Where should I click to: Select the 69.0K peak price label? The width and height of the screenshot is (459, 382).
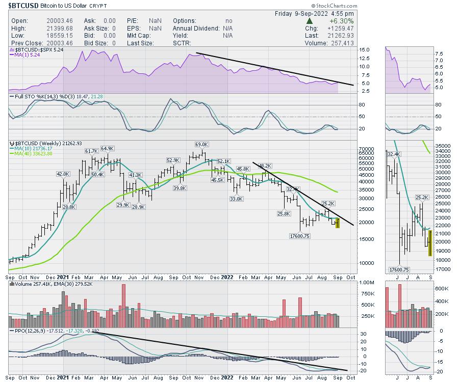coord(202,145)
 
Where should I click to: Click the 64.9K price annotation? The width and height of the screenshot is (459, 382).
coord(108,148)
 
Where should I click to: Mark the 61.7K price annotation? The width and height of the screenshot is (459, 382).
coord(91,151)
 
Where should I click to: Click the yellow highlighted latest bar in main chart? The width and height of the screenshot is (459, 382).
coord(337,223)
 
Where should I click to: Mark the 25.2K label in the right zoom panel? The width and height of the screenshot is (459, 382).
coord(422,197)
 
